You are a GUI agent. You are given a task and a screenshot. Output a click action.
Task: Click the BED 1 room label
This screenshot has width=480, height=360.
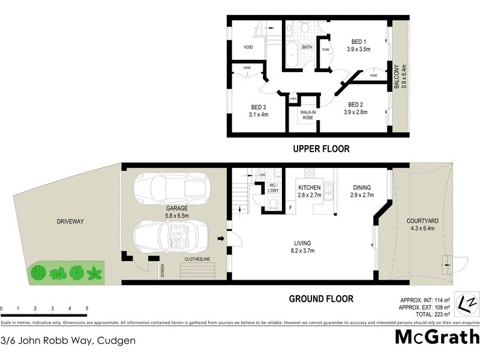click(360, 45)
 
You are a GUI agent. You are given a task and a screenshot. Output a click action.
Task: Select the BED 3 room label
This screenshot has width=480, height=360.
click(259, 111)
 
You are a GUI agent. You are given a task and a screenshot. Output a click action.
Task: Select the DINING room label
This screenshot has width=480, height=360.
click(362, 191)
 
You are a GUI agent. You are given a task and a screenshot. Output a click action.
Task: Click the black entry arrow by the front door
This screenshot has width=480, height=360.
click(221, 239)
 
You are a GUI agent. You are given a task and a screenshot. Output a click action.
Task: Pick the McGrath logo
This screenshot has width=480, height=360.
click(436, 337)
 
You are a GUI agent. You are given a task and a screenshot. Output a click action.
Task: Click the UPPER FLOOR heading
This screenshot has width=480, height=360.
click(320, 149)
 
